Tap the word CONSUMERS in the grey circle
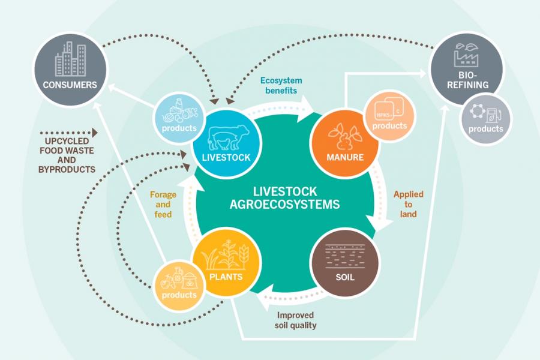[x=70, y=85]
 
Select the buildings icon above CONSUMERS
[x=70, y=58]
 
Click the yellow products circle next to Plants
[x=179, y=285]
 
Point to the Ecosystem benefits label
[x=281, y=85]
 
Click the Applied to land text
[x=408, y=204]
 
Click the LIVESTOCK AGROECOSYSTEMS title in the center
[x=284, y=198]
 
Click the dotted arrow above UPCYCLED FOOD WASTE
[x=67, y=131]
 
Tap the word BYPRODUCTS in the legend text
[x=67, y=170]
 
